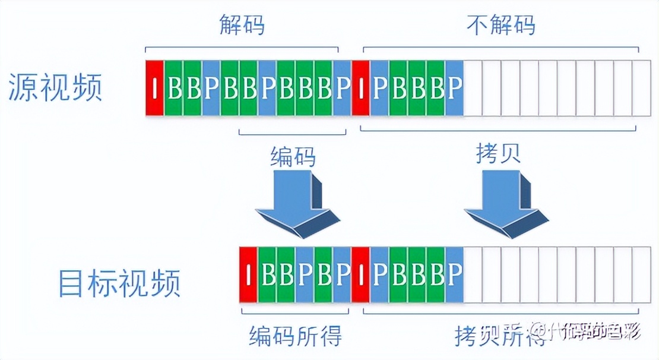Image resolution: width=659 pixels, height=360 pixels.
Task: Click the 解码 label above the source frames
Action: click(242, 26)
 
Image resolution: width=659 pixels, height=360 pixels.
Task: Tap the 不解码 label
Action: click(501, 26)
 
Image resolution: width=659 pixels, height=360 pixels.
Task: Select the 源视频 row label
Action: click(56, 88)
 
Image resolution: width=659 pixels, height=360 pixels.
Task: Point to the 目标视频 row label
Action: click(119, 283)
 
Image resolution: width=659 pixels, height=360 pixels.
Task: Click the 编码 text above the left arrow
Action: click(293, 157)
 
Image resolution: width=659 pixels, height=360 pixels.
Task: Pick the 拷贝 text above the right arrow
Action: click(498, 153)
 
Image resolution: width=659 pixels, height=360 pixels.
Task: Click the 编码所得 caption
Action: click(296, 336)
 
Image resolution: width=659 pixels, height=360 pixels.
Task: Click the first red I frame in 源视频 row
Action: click(154, 88)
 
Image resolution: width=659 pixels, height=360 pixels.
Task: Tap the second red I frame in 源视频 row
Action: click(360, 88)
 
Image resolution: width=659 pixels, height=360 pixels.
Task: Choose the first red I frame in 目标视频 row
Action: click(248, 274)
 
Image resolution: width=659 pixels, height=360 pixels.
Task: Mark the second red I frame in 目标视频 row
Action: click(360, 274)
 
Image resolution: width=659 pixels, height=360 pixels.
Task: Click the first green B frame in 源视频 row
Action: click(173, 88)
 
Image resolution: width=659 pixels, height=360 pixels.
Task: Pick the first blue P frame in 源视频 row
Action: click(211, 88)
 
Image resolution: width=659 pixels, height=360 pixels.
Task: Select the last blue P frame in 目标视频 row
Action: click(454, 274)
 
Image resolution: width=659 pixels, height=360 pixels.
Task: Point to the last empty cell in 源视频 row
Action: click(642, 88)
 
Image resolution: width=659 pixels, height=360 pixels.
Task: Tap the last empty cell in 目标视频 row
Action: click(642, 274)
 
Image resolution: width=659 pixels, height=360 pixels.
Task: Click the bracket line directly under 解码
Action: click(242, 48)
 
